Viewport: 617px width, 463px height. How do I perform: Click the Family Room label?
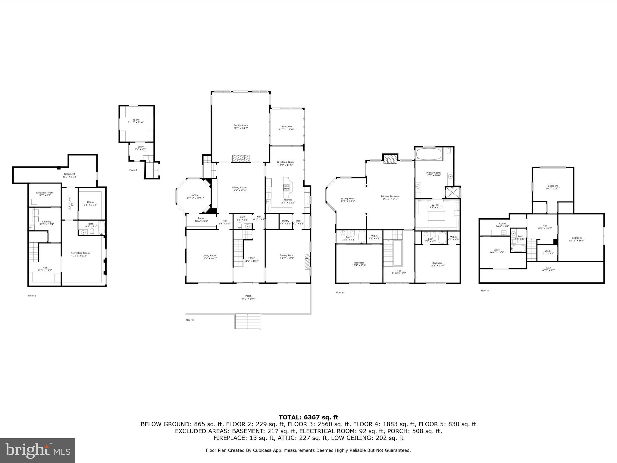coord(240,127)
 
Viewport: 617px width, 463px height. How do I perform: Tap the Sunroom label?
coord(286,128)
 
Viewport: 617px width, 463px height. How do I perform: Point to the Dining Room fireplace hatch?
coord(307,261)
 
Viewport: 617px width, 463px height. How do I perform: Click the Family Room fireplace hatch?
coord(241,158)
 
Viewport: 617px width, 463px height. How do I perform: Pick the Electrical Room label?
coord(45,194)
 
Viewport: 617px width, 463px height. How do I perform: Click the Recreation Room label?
coord(80,254)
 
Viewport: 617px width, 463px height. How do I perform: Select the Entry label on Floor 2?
coord(140,148)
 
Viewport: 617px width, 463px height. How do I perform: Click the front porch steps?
coord(247,321)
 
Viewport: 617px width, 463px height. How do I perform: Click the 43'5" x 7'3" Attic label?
coord(549,269)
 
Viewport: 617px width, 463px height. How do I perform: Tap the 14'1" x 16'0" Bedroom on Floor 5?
coord(553,187)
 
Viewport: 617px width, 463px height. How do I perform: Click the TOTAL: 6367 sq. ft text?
coord(308,417)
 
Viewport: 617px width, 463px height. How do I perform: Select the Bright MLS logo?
coord(38,450)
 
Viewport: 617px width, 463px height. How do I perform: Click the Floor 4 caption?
coord(340,292)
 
